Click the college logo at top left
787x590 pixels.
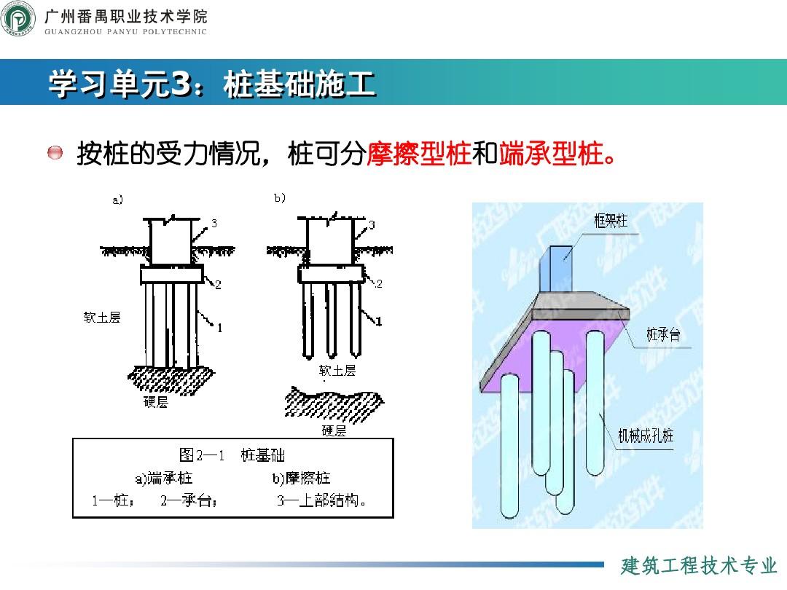click(18, 19)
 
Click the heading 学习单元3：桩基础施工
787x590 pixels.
click(211, 84)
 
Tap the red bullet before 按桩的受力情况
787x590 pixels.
click(55, 154)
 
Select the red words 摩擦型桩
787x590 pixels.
click(419, 154)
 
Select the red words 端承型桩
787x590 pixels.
click(552, 154)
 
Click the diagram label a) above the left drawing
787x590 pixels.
click(117, 200)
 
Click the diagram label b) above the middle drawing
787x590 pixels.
click(279, 197)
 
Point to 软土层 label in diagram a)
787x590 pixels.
click(102, 317)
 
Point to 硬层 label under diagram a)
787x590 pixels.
click(155, 402)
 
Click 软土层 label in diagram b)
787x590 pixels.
click(337, 371)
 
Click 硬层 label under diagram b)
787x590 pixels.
click(334, 430)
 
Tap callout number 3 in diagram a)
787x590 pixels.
click(214, 224)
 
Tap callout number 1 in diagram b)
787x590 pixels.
click(378, 320)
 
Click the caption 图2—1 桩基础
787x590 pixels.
click(232, 456)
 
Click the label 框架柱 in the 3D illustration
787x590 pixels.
click(610, 221)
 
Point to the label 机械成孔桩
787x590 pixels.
click(646, 436)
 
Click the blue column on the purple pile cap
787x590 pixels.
click(561, 270)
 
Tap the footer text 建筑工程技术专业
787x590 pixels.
click(699, 565)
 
